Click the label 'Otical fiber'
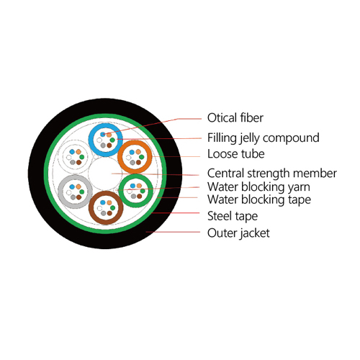[x=235, y=118]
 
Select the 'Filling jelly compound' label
[x=264, y=138]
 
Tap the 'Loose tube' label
[x=236, y=154]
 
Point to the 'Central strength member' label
[x=272, y=173]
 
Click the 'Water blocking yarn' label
[x=258, y=187]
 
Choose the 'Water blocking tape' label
[x=259, y=199]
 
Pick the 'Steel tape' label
[x=233, y=216]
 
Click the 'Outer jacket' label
[x=238, y=233]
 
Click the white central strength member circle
[x=104, y=174]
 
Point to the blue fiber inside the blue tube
[x=103, y=134]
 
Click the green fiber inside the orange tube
[x=142, y=157]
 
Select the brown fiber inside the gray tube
[x=79, y=197]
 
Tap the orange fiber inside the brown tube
[x=109, y=202]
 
